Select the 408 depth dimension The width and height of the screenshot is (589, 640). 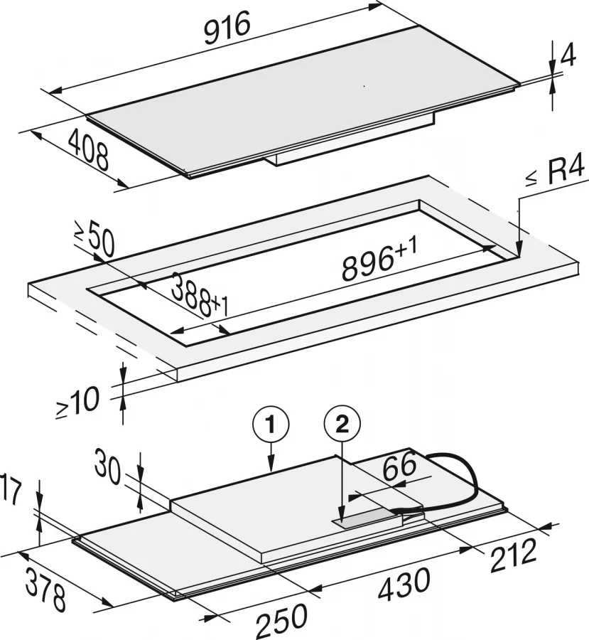tap(90, 151)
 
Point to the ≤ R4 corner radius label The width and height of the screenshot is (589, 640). tap(556, 173)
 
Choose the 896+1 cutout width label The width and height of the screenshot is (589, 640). tap(379, 261)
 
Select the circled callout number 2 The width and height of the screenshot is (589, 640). tap(342, 426)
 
